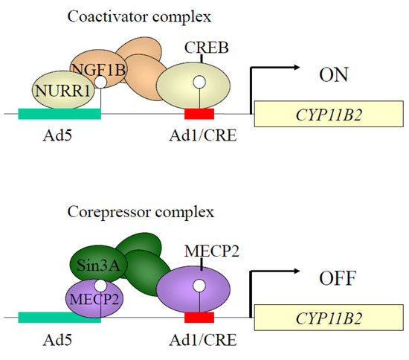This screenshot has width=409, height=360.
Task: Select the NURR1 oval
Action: [x=57, y=92]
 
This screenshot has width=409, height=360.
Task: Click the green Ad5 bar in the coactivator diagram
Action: [x=59, y=114]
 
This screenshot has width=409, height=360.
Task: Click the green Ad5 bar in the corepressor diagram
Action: [x=59, y=318]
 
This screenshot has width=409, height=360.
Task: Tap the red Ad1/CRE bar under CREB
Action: [x=199, y=114]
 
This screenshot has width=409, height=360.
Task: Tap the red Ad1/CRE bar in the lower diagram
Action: [x=199, y=318]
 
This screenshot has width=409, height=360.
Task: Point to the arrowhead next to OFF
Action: [x=296, y=271]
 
